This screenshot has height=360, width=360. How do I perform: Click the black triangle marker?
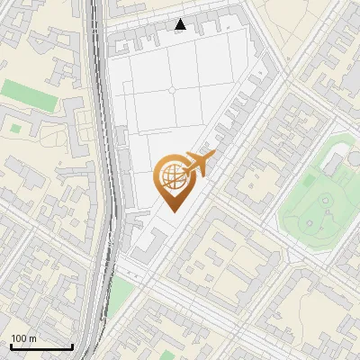[x=181, y=24]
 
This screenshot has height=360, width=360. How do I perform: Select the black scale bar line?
[x=40, y=346]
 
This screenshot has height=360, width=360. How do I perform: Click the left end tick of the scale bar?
[x=11, y=346]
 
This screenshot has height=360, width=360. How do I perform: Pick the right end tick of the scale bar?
[x=71, y=346]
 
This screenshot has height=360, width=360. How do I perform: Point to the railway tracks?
[x=107, y=180]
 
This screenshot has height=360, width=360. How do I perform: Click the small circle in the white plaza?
[x=171, y=90]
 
